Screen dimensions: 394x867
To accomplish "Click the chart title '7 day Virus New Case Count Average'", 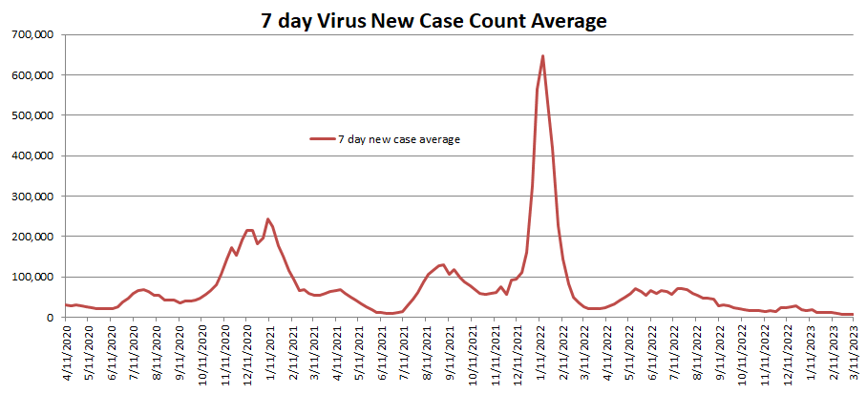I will (433, 20).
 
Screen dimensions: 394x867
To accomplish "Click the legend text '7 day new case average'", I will (398, 139).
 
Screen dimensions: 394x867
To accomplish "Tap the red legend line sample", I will (322, 139).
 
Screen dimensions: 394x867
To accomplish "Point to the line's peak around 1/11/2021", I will (268, 219).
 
